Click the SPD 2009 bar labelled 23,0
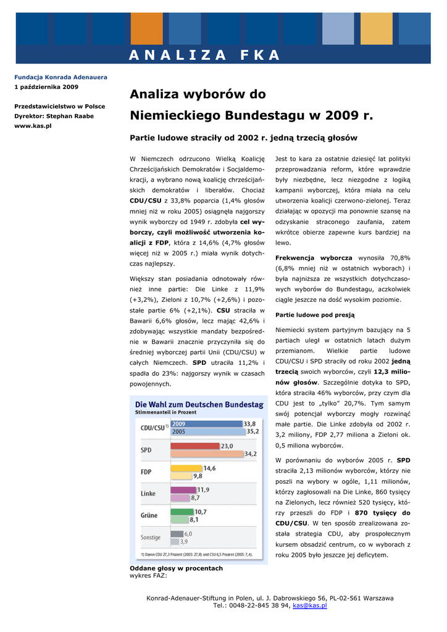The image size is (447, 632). click(x=194, y=446)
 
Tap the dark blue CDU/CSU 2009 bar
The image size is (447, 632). click(x=206, y=424)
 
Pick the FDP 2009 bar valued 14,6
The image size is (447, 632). click(x=186, y=468)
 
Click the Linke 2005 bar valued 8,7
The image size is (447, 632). click(x=180, y=497)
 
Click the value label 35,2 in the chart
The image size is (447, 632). click(x=253, y=432)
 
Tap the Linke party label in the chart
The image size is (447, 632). click(x=148, y=494)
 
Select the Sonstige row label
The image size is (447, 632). click(x=151, y=538)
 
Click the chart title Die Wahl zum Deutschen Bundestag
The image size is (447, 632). click(x=199, y=405)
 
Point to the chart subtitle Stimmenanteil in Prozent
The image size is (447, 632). click(x=165, y=412)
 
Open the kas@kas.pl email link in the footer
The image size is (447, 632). click(x=309, y=605)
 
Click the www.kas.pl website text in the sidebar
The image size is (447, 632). click(x=33, y=125)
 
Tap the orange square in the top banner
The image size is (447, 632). click(x=146, y=28)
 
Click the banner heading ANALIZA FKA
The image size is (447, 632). click(x=204, y=56)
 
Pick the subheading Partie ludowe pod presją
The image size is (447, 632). click(x=315, y=315)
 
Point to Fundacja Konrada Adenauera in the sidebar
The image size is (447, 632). click(x=61, y=77)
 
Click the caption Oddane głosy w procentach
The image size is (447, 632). click(x=176, y=568)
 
